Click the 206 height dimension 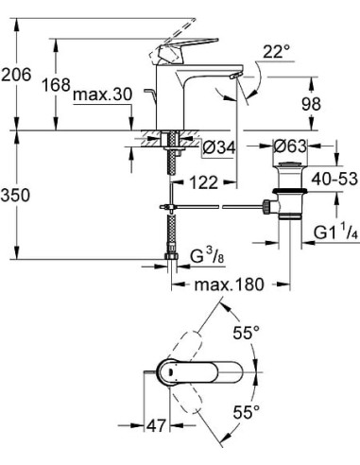pyautogui.click(x=20, y=72)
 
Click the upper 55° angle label pyautogui.click(x=247, y=333)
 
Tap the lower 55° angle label pyautogui.click(x=247, y=414)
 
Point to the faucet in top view pyautogui.click(x=184, y=373)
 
